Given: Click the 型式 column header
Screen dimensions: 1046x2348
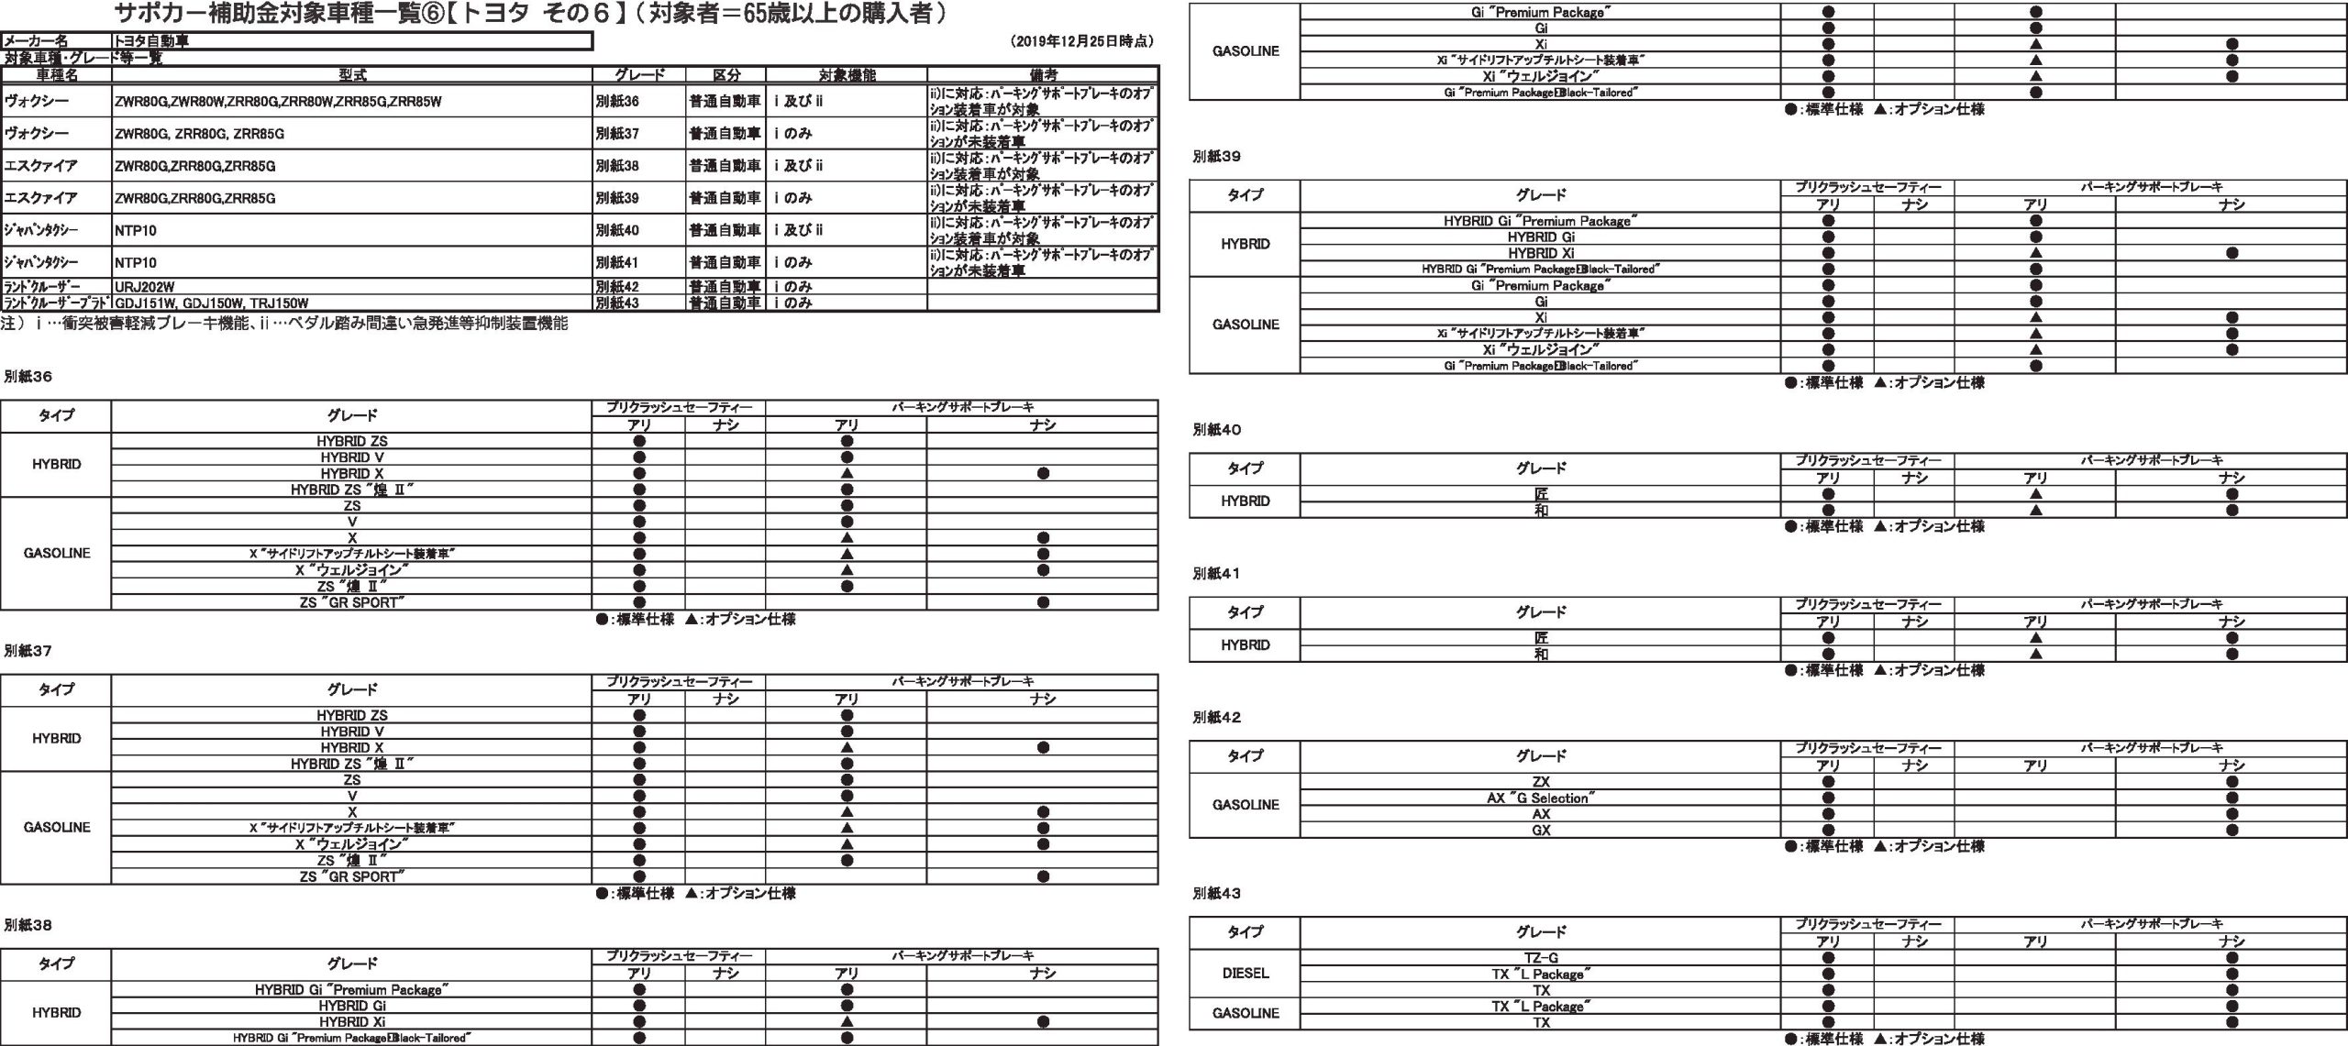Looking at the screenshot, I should (x=352, y=75).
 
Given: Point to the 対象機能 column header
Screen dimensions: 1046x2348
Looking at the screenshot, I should (x=846, y=75).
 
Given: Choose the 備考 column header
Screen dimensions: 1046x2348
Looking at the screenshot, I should (x=1043, y=75).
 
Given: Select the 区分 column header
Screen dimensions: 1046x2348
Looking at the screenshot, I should (x=725, y=75).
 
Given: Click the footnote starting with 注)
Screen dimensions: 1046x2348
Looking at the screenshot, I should (x=284, y=324).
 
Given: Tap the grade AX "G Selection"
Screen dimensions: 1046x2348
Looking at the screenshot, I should (x=1541, y=798).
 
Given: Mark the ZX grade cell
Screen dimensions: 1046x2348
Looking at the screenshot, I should (x=1541, y=782).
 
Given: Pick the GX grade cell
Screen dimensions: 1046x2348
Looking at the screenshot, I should (x=1541, y=831).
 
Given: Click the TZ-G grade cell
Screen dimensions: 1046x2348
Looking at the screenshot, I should (x=1541, y=958).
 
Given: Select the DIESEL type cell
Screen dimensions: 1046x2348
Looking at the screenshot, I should (x=1246, y=974).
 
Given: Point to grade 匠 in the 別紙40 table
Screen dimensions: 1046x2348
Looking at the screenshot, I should (x=1541, y=494).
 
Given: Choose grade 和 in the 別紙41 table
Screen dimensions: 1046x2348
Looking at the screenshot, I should (x=1541, y=655).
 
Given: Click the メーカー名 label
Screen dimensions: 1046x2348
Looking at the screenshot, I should (x=37, y=41).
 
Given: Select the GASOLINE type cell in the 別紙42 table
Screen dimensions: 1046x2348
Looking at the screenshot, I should (x=1246, y=806).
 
